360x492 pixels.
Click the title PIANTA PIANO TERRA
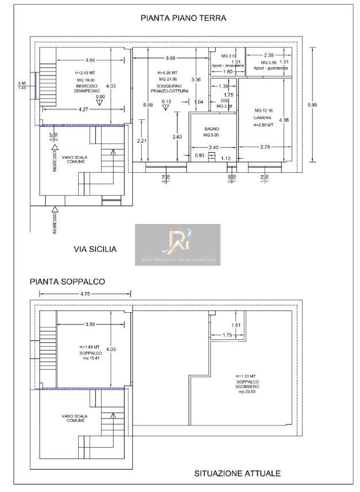click(184, 18)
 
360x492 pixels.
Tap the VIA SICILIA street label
click(95, 249)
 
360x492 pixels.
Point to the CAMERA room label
click(262, 117)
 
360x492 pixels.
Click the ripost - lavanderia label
click(227, 66)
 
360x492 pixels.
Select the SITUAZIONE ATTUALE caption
click(237, 473)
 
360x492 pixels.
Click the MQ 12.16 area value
click(265, 110)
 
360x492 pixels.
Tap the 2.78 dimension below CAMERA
click(265, 148)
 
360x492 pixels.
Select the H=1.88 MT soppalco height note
click(90, 347)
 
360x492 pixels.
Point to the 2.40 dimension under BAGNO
click(213, 148)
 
